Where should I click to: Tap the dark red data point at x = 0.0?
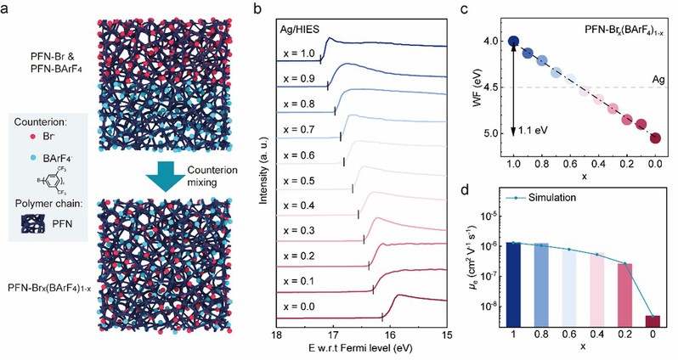[x=655, y=138]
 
